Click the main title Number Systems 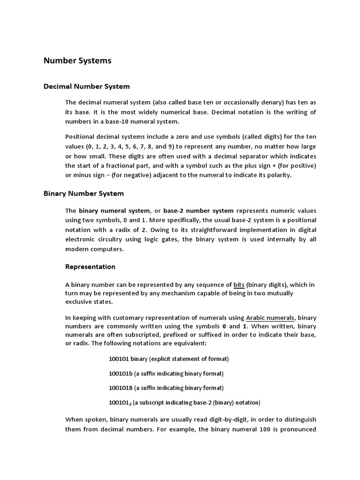(x=77, y=60)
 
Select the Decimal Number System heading (x=87, y=87)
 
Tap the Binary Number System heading (x=84, y=193)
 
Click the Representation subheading (x=90, y=267)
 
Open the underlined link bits (x=239, y=285)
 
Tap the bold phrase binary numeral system (x=114, y=211)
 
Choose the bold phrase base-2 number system (x=199, y=211)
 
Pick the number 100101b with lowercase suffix (x=121, y=374)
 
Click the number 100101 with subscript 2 (x=121, y=403)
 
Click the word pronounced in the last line (x=299, y=429)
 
